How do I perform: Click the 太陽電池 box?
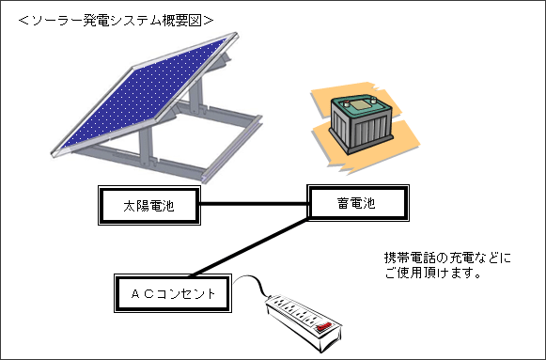tap(149, 204)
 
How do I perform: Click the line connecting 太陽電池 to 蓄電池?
tap(254, 204)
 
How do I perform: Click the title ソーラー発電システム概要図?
tap(118, 19)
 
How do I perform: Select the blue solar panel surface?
tap(141, 94)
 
